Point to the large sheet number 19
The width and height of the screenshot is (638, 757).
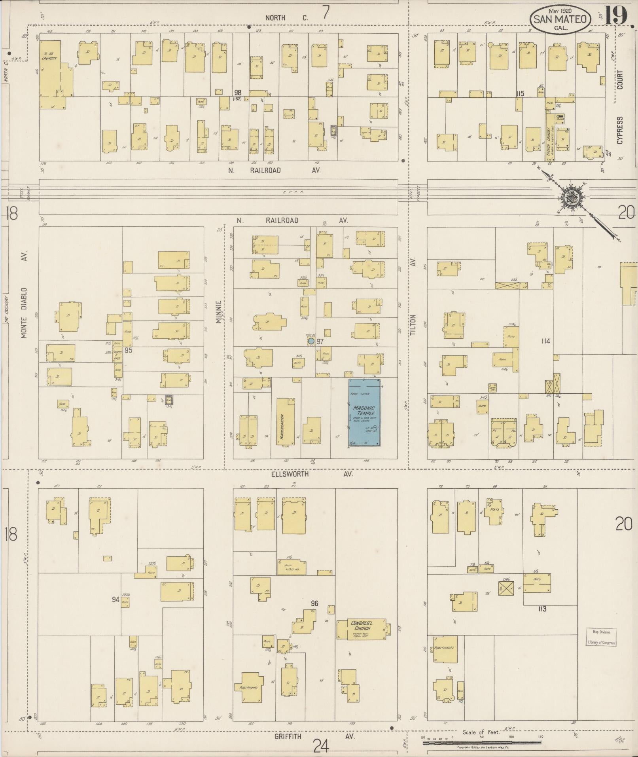(x=616, y=16)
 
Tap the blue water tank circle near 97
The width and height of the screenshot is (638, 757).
(x=311, y=341)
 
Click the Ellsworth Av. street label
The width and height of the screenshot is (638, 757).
(x=311, y=474)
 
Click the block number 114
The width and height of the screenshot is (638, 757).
(x=546, y=341)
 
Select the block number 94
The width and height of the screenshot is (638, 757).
(x=115, y=600)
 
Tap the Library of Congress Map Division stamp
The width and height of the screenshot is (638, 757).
(x=601, y=637)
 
